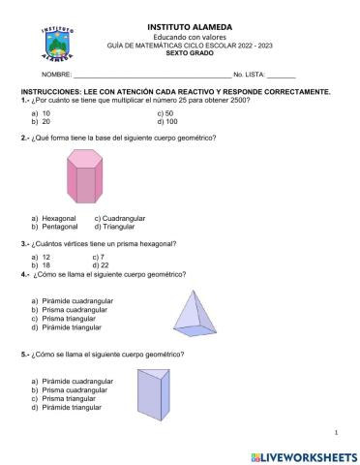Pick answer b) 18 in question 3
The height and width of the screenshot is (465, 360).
click(x=41, y=264)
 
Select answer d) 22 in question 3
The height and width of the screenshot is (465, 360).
click(x=101, y=264)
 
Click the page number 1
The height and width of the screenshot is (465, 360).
click(x=334, y=431)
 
